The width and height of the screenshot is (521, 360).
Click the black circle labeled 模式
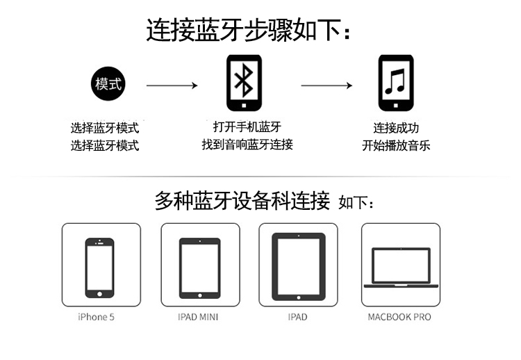(108, 84)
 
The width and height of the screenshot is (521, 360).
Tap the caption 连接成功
(396, 128)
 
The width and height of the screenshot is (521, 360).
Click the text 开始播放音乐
(396, 145)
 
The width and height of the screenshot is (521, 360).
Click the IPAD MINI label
(199, 317)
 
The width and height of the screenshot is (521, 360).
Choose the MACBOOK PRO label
(399, 317)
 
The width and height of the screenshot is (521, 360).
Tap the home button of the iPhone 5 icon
(99, 293)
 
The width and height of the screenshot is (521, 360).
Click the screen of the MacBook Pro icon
(401, 266)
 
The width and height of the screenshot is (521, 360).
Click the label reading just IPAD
(297, 317)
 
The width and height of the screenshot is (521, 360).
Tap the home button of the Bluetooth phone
(243, 106)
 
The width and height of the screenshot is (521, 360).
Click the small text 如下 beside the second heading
(356, 204)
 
